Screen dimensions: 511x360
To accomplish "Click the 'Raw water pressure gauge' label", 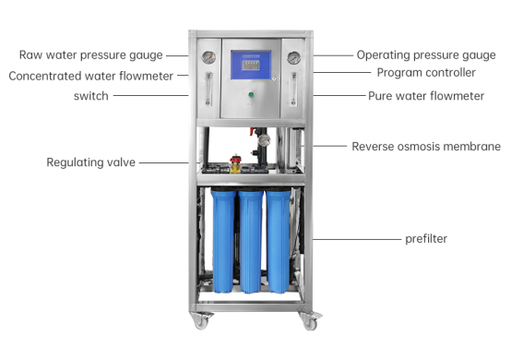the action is [90, 55].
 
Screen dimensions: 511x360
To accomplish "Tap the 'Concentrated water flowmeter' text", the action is [90, 76].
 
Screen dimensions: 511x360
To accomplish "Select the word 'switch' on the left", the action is [90, 96].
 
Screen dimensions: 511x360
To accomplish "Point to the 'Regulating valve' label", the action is [90, 162].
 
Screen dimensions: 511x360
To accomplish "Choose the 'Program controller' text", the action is [425, 72].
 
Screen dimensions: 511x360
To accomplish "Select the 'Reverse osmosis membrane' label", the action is [425, 146].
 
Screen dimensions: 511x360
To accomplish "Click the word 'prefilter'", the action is [426, 238].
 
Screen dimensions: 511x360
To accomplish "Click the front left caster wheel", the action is [200, 320].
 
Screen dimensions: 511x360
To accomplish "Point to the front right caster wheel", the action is [310, 321].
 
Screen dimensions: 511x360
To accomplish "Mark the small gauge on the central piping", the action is [263, 140].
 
